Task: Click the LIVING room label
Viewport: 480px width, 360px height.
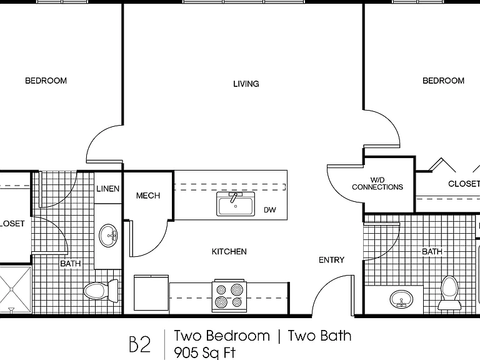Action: (246, 84)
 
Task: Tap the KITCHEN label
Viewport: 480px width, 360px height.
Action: (229, 252)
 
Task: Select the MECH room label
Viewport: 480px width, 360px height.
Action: (148, 196)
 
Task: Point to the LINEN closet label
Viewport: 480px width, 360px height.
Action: (107, 189)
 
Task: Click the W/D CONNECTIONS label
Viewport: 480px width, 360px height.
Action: (377, 184)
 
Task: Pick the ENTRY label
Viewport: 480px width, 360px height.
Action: (331, 260)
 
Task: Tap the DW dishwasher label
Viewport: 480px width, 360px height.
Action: (270, 210)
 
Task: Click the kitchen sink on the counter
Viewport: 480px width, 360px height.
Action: (236, 204)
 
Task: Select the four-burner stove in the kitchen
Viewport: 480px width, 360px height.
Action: (229, 296)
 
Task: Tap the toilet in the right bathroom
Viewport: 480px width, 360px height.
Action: (449, 293)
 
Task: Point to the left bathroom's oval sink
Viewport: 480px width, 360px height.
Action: (108, 236)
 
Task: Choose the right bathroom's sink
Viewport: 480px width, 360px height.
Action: (401, 299)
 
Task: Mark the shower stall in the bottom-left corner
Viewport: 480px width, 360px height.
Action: (15, 289)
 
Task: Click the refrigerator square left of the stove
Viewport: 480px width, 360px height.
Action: (151, 293)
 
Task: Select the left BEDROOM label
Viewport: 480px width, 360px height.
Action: (46, 81)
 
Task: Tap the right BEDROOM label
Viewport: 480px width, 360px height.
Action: (443, 81)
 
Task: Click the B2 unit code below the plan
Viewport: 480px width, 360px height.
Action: (140, 344)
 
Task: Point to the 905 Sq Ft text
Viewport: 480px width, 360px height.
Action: (205, 352)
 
